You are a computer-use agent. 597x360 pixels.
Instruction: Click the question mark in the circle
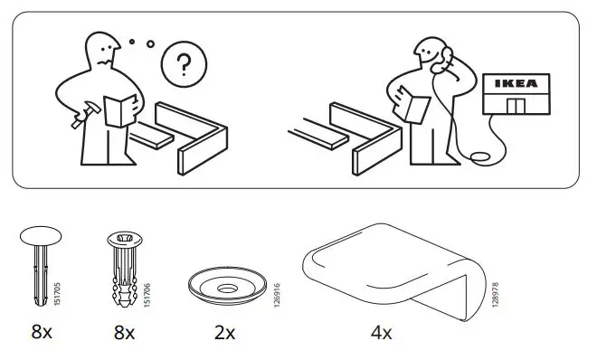point(184,65)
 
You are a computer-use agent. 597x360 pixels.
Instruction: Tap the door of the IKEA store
point(517,107)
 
